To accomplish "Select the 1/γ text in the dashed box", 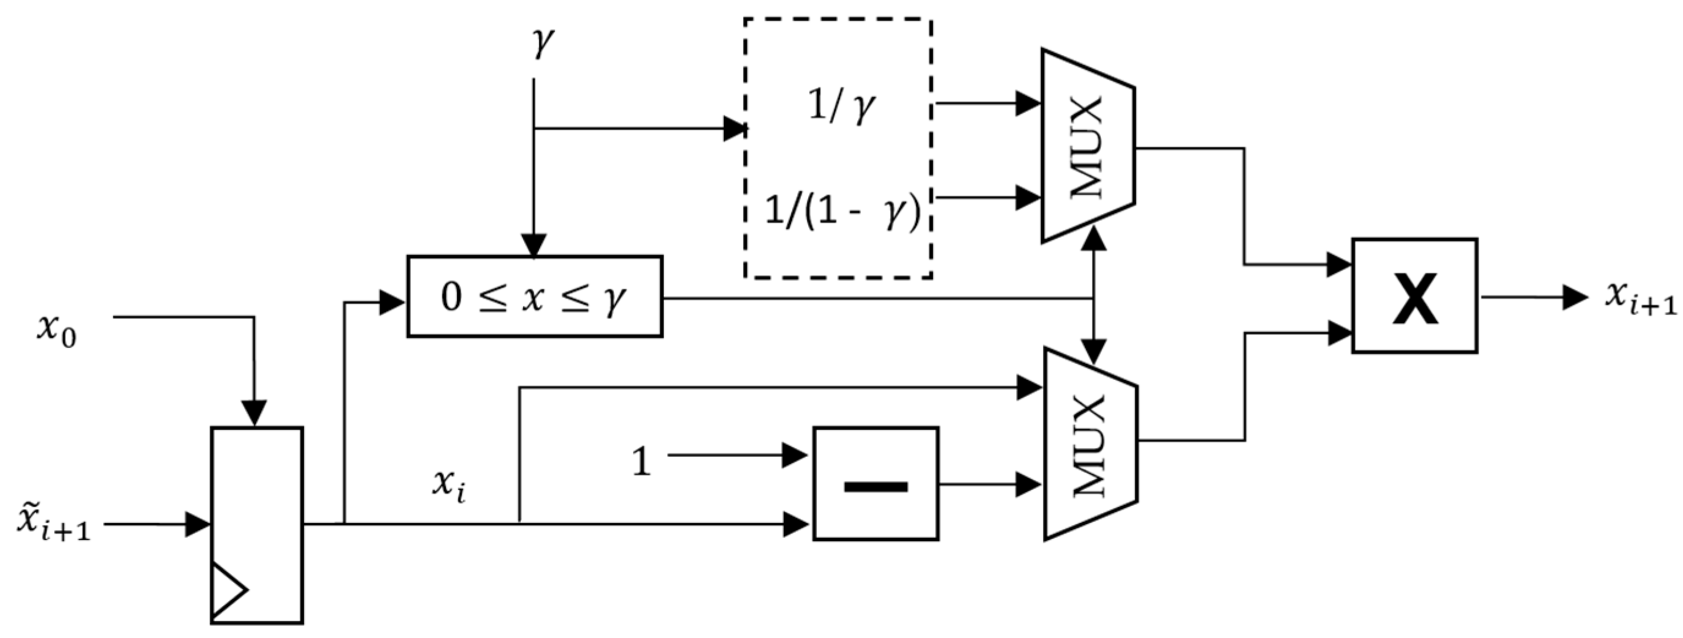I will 841,106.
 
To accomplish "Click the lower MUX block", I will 1090,444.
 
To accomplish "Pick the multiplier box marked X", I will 1414,296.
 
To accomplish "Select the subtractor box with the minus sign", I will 875,483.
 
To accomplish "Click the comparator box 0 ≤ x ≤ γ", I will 535,297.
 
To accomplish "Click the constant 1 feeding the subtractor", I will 642,462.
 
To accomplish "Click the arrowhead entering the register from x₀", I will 254,413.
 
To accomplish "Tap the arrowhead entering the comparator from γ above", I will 534,245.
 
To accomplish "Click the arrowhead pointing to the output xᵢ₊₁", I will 1575,297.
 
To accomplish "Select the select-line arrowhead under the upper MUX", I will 1095,239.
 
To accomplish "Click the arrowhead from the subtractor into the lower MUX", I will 1029,484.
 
